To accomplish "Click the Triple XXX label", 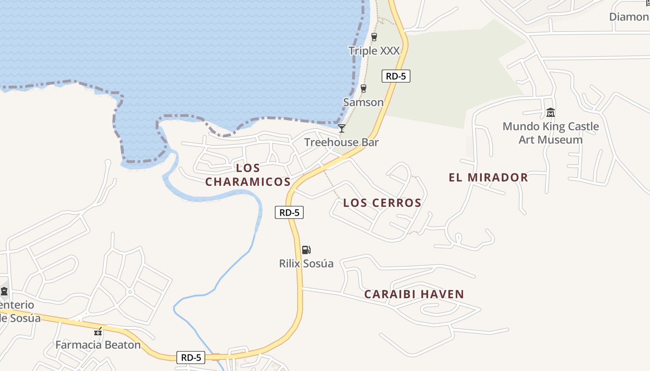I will [374, 51].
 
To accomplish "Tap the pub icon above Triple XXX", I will [374, 37].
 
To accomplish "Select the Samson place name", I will [363, 102].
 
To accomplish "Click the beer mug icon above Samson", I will [364, 89].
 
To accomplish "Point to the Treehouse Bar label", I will [341, 142].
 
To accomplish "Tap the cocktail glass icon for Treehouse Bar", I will [342, 128].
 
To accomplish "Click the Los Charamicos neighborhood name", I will [248, 175].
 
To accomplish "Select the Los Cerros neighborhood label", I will [382, 203].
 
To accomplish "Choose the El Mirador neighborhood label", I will [488, 177].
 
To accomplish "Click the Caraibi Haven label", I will [414, 294].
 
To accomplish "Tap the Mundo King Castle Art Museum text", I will [551, 133].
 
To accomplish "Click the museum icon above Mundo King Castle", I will [551, 112].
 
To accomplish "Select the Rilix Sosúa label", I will [306, 263].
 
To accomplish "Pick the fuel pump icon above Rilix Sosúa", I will [306, 250].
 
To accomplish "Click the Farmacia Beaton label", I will [98, 345].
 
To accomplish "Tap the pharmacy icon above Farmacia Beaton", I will [98, 332].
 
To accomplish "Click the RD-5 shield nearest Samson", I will [396, 76].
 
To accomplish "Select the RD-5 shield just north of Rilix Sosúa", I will [289, 212].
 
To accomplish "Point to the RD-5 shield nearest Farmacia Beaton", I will [191, 358].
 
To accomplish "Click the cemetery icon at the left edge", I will [4, 291].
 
